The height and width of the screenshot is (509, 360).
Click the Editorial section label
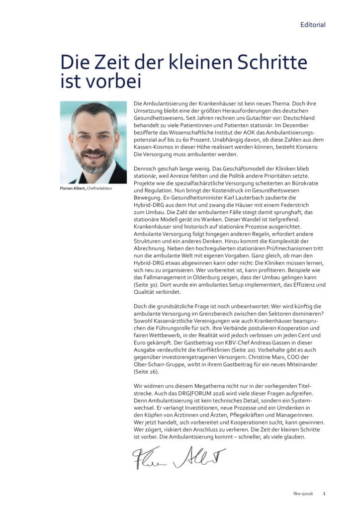click(313, 24)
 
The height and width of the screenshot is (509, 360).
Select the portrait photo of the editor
click(93, 143)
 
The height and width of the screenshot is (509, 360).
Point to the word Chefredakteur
click(101, 189)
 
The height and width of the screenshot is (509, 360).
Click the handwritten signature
click(179, 458)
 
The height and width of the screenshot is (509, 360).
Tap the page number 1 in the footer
click(324, 494)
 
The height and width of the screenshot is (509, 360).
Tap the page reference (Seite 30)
click(146, 285)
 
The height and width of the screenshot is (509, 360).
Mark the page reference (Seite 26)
click(146, 371)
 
